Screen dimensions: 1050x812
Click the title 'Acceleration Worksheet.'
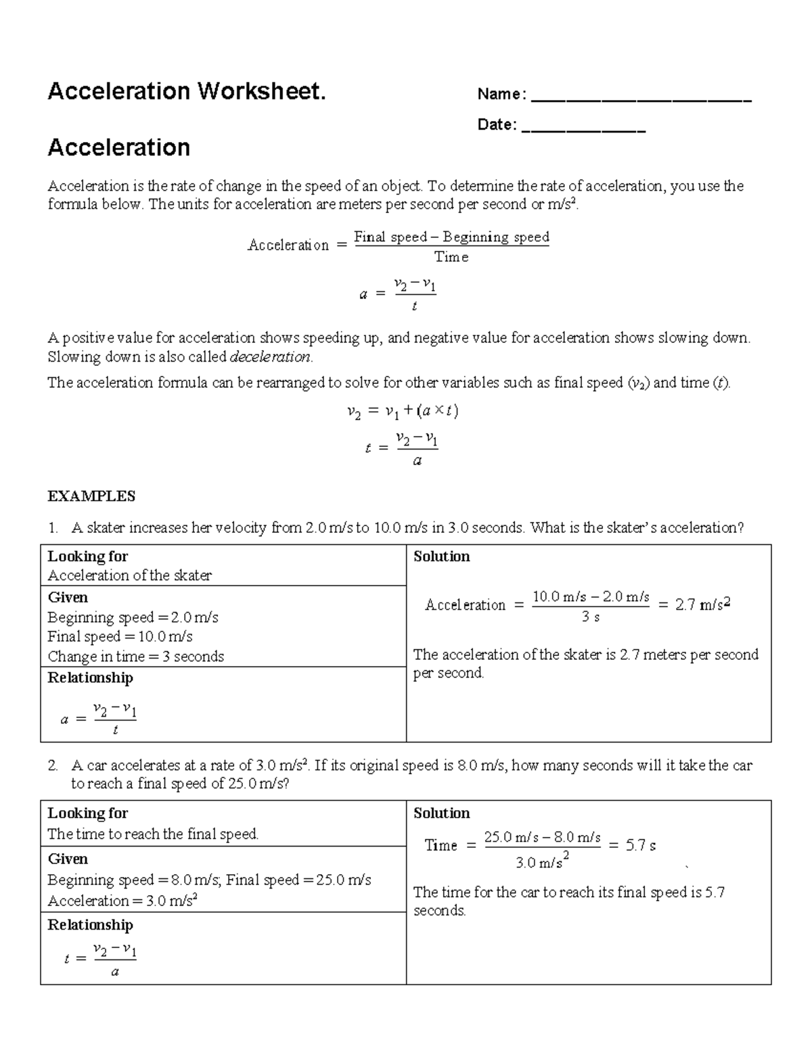187,91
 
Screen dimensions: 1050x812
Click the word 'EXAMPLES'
91,496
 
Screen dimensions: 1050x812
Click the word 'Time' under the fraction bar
451,257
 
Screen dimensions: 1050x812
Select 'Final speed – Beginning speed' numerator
451,237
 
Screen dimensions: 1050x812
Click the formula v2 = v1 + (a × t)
403,411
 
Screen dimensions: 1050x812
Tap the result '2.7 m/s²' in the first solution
702,604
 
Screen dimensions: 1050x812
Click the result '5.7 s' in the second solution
640,845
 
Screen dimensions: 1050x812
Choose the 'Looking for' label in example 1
88,556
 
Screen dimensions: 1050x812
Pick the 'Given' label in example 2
68,859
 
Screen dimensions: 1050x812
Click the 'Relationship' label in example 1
90,677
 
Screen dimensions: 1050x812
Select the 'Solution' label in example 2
441,813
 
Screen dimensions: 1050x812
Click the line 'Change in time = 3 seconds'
135,657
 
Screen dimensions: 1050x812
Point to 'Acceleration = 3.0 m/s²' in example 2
122,901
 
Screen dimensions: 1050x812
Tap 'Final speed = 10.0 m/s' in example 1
120,636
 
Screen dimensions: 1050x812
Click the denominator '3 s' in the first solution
591,617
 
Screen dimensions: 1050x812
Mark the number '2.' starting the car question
53,765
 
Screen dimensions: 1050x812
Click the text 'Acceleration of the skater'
129,575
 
